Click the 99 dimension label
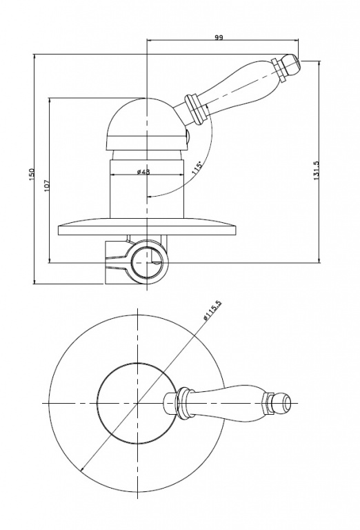[219, 37]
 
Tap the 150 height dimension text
[32, 174]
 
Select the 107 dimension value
[48, 185]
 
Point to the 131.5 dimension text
[317, 170]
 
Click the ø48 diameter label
[143, 172]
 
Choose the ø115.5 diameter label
[212, 309]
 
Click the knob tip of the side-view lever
[292, 65]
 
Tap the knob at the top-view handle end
[283, 403]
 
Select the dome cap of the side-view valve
[146, 124]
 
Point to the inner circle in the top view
[137, 403]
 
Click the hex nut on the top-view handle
[268, 403]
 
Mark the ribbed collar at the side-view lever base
[196, 108]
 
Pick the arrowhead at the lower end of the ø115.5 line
[82, 468]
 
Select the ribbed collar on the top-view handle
[181, 403]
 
